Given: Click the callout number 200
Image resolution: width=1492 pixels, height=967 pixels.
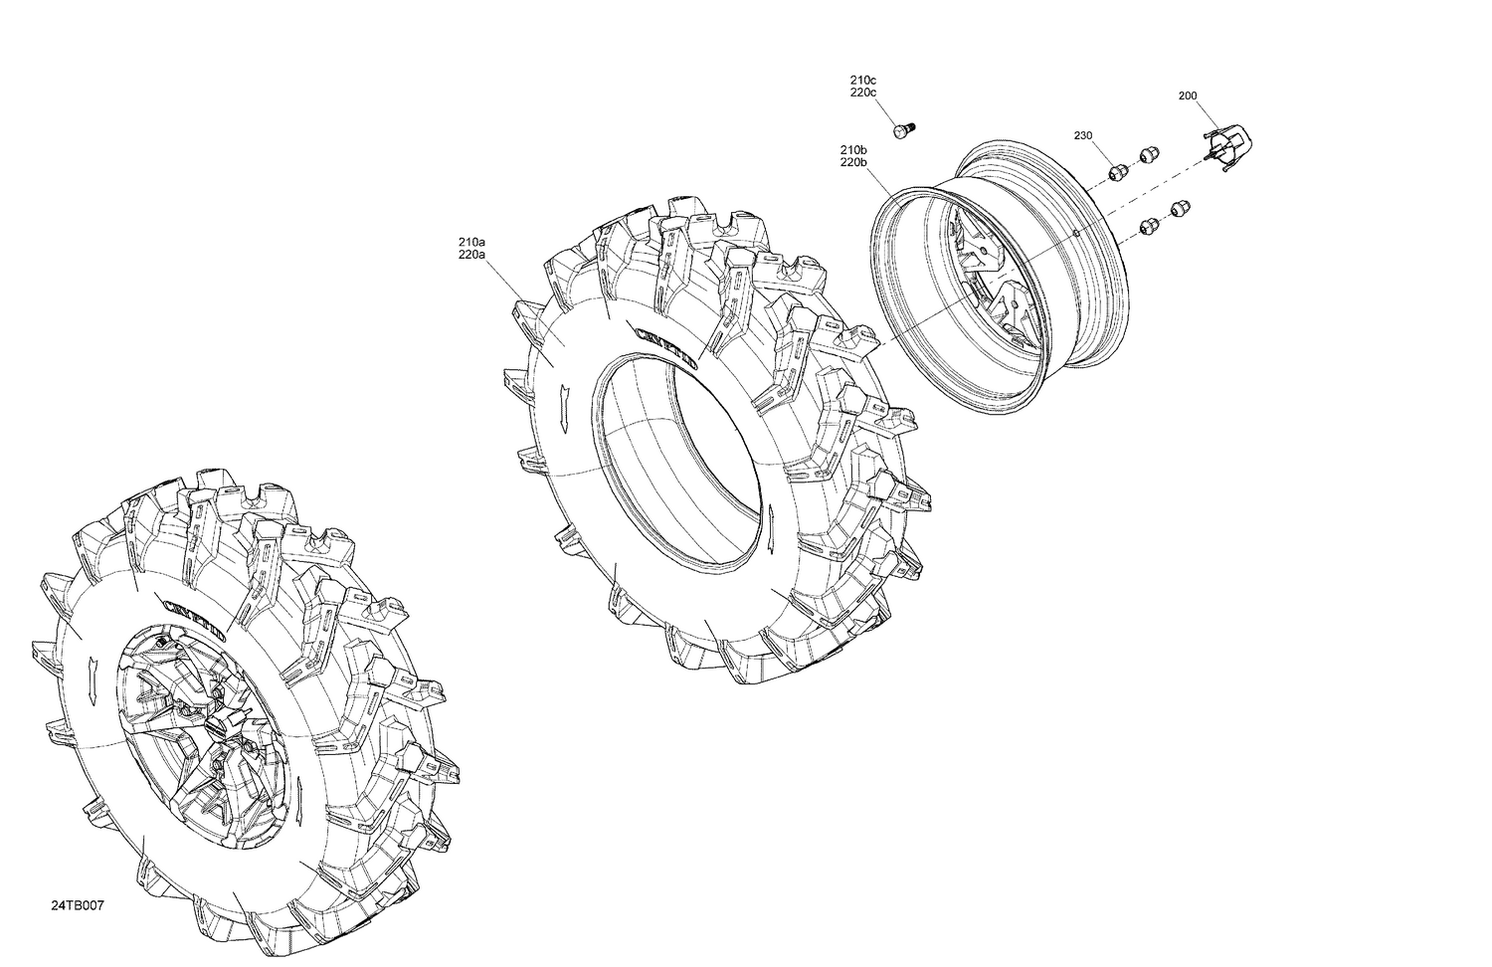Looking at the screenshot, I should point(1187,97).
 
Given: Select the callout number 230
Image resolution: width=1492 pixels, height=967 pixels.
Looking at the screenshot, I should point(1082,135).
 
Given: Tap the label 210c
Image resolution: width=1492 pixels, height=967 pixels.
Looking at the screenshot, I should point(862,80).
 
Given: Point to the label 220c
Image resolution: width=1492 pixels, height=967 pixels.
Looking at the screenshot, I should point(862,93).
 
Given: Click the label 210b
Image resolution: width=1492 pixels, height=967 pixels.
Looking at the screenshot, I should point(853,149).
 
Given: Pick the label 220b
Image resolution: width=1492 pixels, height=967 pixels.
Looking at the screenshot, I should point(853,162).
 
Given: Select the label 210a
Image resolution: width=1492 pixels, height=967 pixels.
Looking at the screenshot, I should point(471,242).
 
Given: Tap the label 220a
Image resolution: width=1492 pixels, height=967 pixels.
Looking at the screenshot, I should point(471,255).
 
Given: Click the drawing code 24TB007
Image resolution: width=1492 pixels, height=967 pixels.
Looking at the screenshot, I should point(78,906).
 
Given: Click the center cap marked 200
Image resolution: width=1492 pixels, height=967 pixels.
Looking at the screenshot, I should point(1231,147).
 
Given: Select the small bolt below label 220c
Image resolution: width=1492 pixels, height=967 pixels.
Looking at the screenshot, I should point(903,130).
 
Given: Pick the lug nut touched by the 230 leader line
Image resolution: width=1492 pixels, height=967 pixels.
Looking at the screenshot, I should point(1116,171).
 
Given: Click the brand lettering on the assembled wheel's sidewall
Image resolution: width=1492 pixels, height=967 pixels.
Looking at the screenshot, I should point(194,617).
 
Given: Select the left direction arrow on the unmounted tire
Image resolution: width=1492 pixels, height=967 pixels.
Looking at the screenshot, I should point(564,405).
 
